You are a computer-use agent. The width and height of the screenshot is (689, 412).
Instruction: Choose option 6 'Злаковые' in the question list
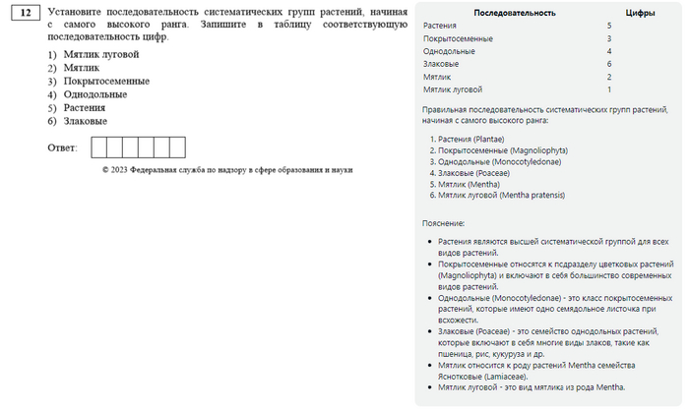pos(86,121)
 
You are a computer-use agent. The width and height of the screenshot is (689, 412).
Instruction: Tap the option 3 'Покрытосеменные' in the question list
pos(106,81)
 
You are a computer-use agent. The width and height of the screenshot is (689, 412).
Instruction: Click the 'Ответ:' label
pos(62,147)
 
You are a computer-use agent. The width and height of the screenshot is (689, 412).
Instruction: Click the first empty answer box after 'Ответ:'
pos(98,147)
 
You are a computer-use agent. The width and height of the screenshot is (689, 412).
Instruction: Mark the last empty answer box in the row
pos(177,147)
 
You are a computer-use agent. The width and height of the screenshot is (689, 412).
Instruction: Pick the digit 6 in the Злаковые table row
pos(610,63)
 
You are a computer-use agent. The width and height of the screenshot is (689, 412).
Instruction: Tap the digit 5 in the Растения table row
pos(610,25)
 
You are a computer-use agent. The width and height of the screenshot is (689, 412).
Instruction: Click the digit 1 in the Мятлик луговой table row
pos(610,88)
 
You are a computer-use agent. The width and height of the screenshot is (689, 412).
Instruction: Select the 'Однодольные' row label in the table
pos(449,50)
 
